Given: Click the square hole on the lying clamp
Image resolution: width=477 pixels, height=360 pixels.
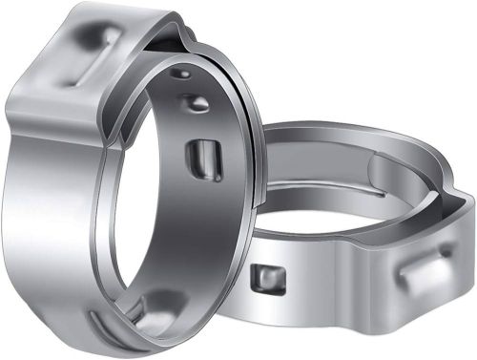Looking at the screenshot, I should click(x=265, y=279).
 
